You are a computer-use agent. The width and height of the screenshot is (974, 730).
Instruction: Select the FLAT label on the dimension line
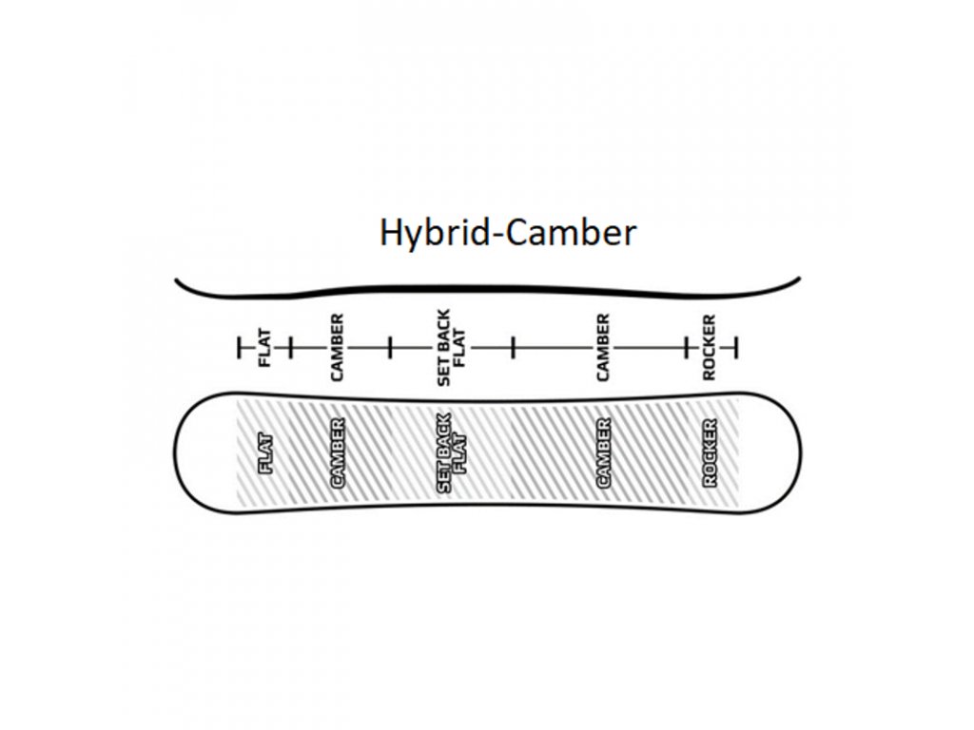click(264, 348)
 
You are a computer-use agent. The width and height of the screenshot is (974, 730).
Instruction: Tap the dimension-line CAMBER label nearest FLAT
click(337, 348)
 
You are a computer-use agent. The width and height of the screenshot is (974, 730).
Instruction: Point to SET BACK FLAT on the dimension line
click(452, 348)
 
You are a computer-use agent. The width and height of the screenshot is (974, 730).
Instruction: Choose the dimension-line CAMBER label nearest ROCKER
click(603, 348)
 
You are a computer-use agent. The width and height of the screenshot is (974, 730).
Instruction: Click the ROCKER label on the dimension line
click(709, 348)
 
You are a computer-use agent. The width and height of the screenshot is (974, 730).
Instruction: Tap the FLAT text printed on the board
click(265, 453)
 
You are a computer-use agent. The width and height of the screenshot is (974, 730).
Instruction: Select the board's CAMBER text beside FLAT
click(338, 452)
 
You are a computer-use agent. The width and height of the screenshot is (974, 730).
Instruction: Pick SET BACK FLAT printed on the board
click(452, 453)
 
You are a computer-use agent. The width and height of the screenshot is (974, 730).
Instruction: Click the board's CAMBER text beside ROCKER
click(603, 452)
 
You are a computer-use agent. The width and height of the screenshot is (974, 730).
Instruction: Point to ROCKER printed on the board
click(710, 453)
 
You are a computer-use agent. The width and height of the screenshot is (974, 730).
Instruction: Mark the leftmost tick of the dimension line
click(239, 348)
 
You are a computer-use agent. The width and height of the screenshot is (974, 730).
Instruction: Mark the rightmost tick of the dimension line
click(736, 348)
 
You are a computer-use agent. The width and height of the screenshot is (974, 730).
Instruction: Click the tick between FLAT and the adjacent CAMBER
click(290, 348)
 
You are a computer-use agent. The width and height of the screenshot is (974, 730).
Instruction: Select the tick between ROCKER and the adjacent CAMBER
click(687, 348)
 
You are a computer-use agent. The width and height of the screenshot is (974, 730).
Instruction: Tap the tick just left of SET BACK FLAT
click(390, 348)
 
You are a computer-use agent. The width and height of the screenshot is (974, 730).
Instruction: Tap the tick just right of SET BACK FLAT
click(513, 348)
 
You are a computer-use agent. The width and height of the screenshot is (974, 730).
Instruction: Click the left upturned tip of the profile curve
click(177, 280)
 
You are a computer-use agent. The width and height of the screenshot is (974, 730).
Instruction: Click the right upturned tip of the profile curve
click(799, 279)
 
